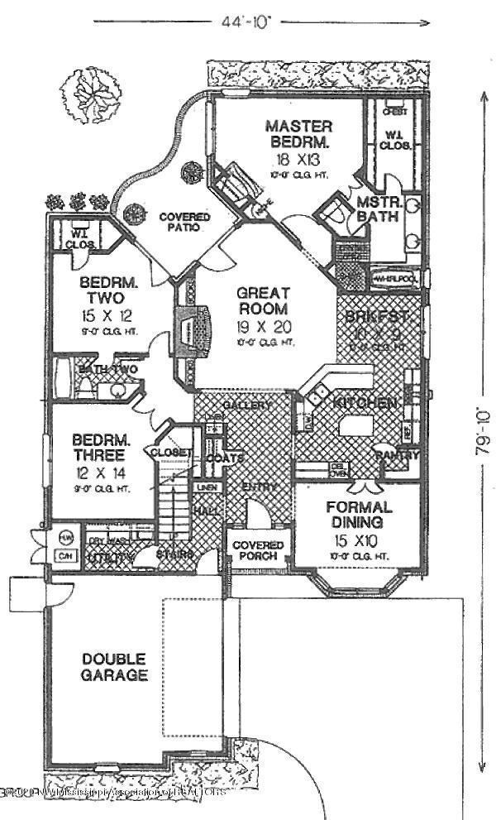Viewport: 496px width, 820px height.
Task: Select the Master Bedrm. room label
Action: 298,133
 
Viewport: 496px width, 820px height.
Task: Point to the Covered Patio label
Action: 184,223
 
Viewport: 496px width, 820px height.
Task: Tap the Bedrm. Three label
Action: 98,448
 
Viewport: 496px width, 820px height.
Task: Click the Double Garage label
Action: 114,667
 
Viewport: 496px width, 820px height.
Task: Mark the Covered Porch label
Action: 258,551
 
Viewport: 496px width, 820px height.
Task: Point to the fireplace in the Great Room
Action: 189,329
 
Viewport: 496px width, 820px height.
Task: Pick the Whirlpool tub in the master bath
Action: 396,279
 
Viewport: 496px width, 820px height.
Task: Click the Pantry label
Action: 398,454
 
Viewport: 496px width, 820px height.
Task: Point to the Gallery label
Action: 247,405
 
